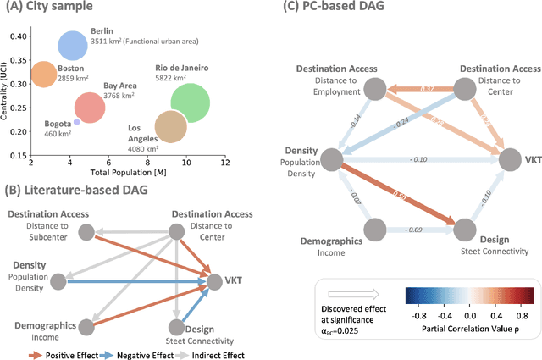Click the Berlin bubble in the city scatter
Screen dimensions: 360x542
[x=72, y=45]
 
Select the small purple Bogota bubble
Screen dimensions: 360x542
[x=76, y=122]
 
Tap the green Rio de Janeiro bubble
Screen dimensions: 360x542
[x=190, y=102]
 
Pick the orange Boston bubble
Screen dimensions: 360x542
[x=41, y=74]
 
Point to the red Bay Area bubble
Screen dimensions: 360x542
[x=89, y=107]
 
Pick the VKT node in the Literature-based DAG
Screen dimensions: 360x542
[x=211, y=275]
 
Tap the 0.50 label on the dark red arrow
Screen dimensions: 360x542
[x=400, y=197]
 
